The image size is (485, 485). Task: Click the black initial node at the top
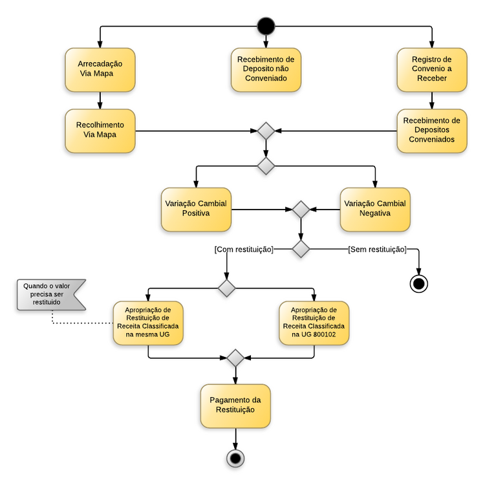[266, 27]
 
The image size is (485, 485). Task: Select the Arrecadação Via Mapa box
[100, 69]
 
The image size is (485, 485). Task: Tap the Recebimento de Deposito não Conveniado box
[266, 69]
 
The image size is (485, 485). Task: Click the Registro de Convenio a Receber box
[431, 69]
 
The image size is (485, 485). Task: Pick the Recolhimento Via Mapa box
[100, 130]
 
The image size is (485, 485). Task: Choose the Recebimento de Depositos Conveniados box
[431, 130]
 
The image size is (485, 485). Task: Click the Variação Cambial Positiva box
[196, 209]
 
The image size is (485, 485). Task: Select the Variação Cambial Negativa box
[375, 209]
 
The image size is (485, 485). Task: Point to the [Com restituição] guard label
[244, 249]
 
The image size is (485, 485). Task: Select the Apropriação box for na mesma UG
[148, 322]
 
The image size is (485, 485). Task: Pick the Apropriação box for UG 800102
[314, 322]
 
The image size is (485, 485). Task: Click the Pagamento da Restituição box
[235, 405]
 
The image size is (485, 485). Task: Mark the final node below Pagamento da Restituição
[235, 458]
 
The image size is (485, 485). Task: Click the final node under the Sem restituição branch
[419, 283]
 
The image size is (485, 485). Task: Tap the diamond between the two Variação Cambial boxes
[301, 210]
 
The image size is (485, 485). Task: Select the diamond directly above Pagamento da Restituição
[235, 358]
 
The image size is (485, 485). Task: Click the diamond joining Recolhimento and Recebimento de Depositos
[266, 131]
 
